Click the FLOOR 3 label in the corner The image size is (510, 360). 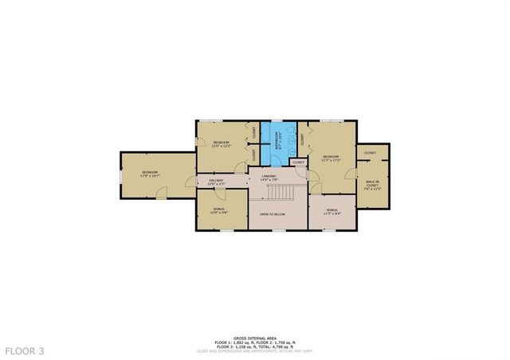[x=25, y=350]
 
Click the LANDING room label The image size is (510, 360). [x=269, y=177]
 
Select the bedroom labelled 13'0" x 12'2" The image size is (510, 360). [x=221, y=143]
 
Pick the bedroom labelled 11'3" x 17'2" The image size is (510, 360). [x=330, y=158]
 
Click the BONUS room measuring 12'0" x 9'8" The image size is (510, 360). [x=219, y=211]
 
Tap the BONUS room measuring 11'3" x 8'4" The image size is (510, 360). [x=331, y=212]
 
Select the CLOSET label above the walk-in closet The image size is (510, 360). [x=370, y=152]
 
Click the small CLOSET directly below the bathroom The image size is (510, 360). [x=298, y=162]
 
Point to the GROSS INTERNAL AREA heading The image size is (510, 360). [x=255, y=316]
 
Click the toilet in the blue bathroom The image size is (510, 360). [x=292, y=135]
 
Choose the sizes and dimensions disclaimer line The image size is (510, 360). [x=255, y=328]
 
